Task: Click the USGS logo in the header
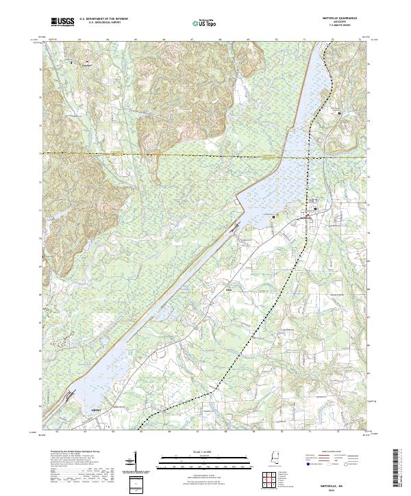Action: pyautogui.click(x=62, y=23)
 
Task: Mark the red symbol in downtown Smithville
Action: pyautogui.click(x=308, y=216)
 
